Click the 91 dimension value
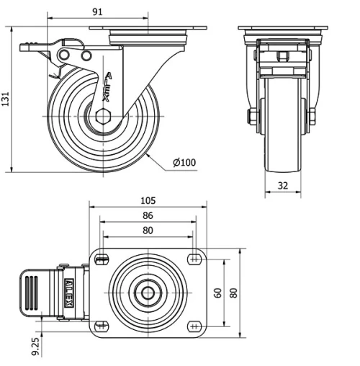(97, 12)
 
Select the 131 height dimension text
(6, 99)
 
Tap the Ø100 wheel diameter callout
(185, 163)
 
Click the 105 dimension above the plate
(148, 201)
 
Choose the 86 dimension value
(148, 215)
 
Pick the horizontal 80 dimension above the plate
(148, 231)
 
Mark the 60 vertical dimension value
(217, 293)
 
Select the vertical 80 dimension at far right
(233, 293)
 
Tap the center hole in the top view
(148, 293)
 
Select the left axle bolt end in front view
(253, 117)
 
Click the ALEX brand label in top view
(70, 293)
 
